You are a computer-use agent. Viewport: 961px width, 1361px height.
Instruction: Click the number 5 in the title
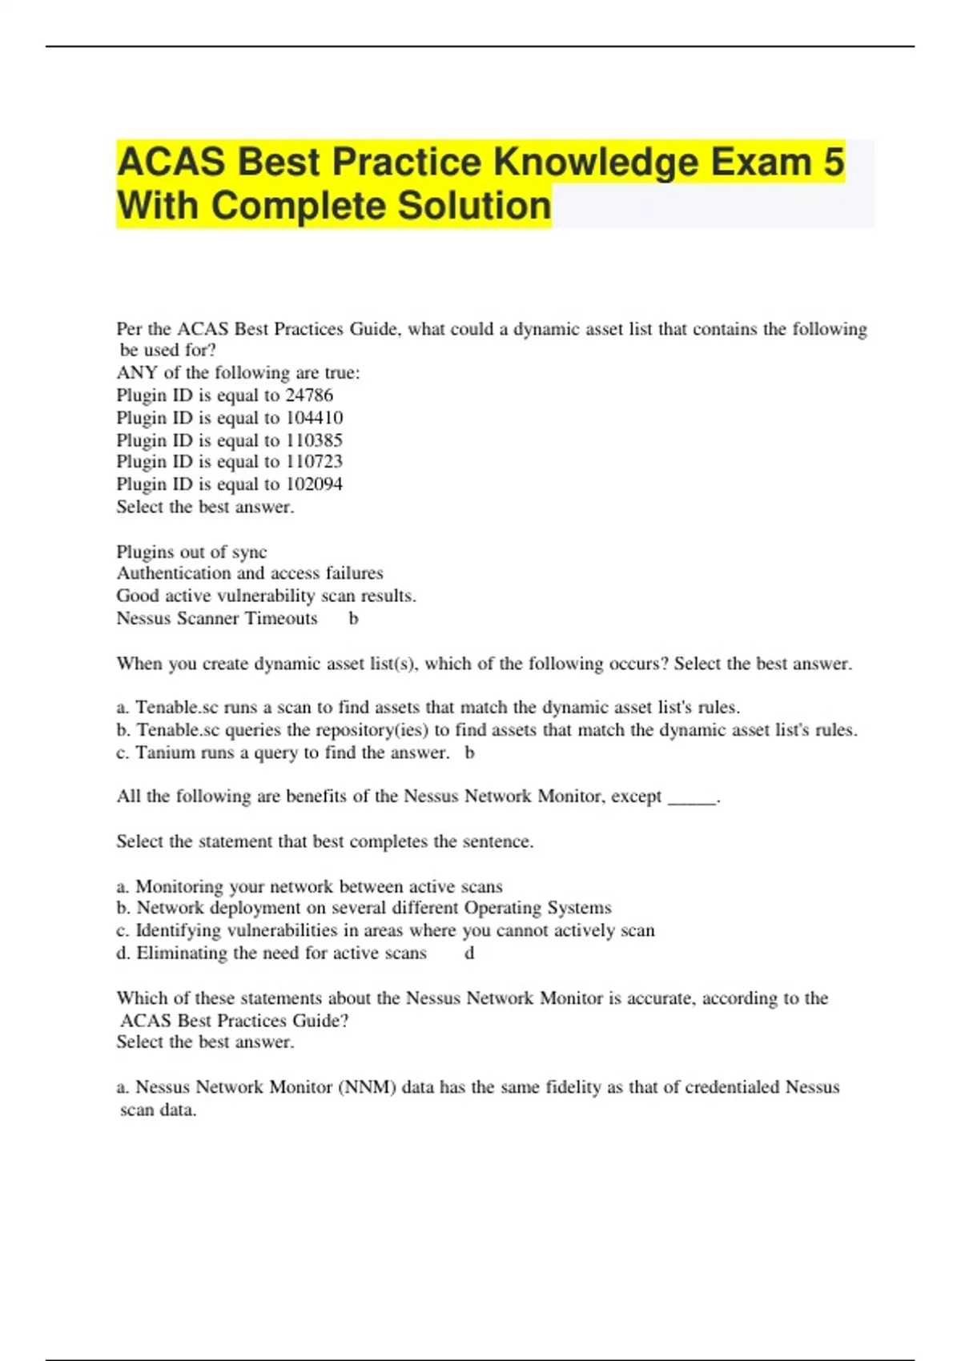(833, 163)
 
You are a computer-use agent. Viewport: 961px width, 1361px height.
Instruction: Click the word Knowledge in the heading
(596, 163)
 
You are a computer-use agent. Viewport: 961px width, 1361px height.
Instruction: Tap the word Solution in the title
(474, 206)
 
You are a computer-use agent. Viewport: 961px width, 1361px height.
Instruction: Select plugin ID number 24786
(309, 395)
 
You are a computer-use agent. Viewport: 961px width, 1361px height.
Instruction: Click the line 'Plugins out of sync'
(191, 552)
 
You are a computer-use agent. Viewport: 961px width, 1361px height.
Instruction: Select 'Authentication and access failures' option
(250, 573)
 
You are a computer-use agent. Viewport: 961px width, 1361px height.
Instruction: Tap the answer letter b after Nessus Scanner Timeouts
(353, 619)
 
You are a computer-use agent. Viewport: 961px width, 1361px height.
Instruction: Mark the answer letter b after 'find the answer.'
(469, 753)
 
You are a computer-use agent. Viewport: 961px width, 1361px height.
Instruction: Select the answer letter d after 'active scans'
(469, 954)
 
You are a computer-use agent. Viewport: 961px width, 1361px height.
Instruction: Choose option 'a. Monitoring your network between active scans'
(309, 887)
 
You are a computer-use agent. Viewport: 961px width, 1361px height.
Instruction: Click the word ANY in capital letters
(137, 373)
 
